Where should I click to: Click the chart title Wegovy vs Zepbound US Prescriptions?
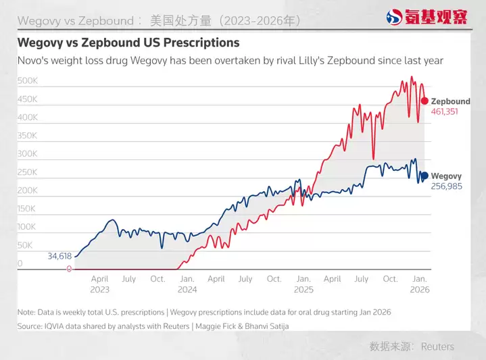pos(128,43)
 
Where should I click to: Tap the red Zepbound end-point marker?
pos(424,101)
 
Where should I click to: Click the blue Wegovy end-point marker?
pos(424,175)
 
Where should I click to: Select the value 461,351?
pos(444,111)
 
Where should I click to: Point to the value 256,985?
pos(446,186)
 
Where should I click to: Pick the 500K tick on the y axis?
pos(28,81)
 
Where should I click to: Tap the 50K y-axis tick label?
pos(26,245)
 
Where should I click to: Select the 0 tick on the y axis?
pos(20,263)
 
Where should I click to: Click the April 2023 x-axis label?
pos(99,284)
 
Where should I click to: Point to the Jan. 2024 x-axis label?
pos(187,284)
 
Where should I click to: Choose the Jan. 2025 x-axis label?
pos(303,284)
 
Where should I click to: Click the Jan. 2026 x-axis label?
pos(420,284)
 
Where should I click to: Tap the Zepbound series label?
pos(450,101)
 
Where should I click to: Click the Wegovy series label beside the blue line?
pos(446,175)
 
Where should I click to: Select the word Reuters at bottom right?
pos(437,346)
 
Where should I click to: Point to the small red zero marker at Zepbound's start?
pos(69,269)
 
